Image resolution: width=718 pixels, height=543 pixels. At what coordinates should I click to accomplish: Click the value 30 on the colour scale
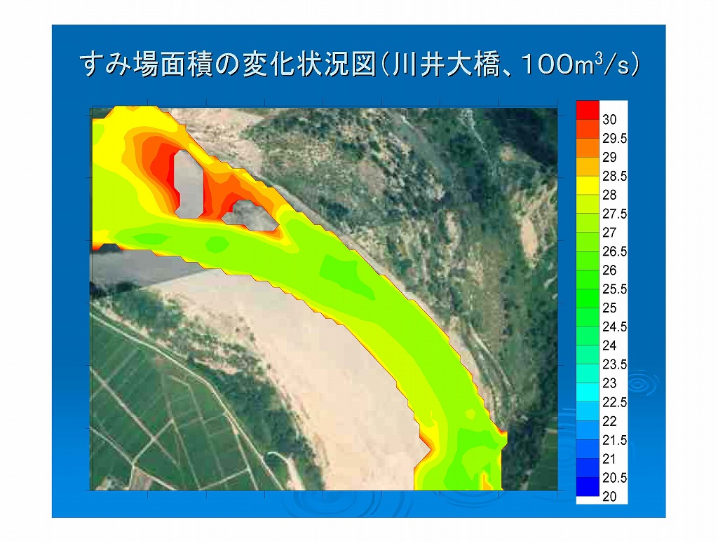click(x=609, y=119)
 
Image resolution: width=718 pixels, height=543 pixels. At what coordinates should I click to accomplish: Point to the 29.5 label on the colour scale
click(x=614, y=138)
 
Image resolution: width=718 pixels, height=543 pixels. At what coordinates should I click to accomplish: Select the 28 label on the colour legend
click(x=609, y=195)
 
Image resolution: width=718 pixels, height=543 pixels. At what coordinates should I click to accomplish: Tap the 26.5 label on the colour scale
click(x=614, y=251)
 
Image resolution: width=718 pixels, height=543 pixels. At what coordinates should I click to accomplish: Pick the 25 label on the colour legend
click(x=609, y=308)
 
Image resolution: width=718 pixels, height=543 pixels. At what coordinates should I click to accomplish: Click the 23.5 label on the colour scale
click(x=614, y=364)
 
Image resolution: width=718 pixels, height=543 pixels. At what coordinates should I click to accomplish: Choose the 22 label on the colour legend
click(x=609, y=421)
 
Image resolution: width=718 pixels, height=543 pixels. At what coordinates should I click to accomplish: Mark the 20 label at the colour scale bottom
click(x=609, y=496)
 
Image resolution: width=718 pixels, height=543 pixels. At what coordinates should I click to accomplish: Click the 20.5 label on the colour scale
click(x=614, y=478)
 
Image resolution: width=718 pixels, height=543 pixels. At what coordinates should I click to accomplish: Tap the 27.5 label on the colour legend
click(x=614, y=214)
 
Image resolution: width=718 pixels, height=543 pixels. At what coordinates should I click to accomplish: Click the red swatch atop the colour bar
click(x=588, y=110)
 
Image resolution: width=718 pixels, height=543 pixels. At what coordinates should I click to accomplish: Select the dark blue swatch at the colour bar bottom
click(x=588, y=487)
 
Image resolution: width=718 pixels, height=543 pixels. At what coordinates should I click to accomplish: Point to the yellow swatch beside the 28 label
click(x=588, y=186)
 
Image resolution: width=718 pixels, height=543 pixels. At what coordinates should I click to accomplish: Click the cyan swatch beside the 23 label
click(x=588, y=392)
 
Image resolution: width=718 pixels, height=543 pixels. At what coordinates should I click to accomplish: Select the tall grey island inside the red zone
click(x=189, y=184)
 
